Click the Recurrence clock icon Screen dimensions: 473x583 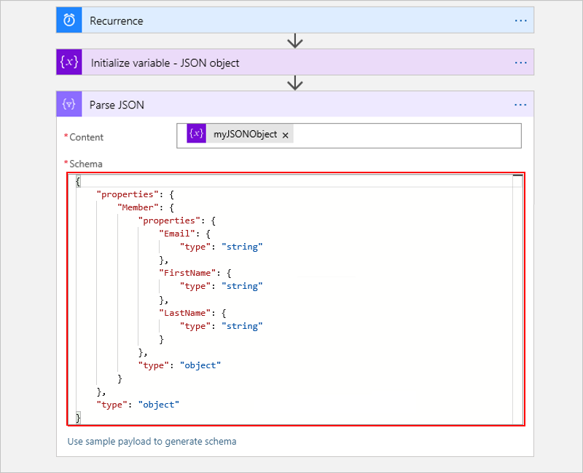click(69, 20)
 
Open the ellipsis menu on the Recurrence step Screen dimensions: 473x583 click(520, 20)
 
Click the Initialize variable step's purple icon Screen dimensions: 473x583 click(69, 63)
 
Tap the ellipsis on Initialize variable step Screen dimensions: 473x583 click(520, 63)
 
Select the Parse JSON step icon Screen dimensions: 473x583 click(69, 104)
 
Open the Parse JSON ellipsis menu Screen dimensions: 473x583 click(520, 104)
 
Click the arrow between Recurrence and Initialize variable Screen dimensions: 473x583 click(294, 41)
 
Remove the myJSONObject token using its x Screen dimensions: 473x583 click(286, 135)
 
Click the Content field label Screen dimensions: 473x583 click(86, 137)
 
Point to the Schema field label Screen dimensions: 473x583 click(86, 164)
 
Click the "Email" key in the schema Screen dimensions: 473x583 click(176, 234)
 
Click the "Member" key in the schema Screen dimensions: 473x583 click(137, 207)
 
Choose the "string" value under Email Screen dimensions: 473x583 click(242, 247)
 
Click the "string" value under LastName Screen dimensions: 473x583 click(242, 326)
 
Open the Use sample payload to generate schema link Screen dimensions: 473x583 click(152, 441)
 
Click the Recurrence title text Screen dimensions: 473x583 click(117, 20)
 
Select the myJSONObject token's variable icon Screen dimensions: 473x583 click(197, 134)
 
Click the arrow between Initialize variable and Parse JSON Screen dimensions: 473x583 click(294, 83)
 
